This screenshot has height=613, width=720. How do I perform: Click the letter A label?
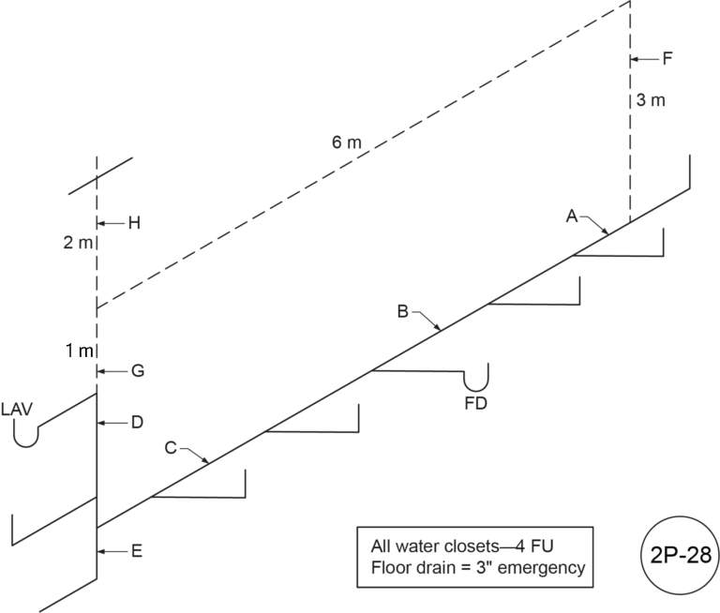pos(571,217)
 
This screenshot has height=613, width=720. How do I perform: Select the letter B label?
pos(402,312)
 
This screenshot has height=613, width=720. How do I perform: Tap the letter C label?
pos(172,447)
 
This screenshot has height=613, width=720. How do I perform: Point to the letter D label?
pos(136,423)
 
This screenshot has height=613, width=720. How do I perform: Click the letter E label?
pos(136,552)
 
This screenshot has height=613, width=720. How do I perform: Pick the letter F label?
pos(667,59)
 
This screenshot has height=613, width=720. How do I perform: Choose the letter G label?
pos(137,371)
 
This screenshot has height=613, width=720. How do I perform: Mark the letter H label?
pos(133,223)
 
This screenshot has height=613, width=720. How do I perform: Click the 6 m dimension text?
pos(346,142)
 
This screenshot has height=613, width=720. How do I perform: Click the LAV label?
pos(20,411)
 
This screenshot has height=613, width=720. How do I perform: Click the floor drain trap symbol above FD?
pos(478,380)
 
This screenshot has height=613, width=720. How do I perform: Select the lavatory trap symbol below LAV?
pos(26,435)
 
